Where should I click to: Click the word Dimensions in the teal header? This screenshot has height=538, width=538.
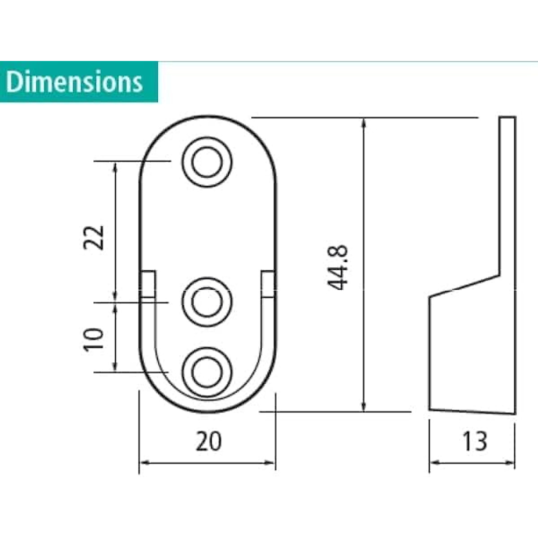pos(74,82)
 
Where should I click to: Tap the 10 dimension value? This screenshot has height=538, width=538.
pos(94,339)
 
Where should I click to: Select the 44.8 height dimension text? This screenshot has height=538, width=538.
pos(337,268)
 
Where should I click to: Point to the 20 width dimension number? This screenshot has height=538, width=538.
pos(208,441)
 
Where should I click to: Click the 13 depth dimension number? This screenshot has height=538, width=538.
pos(474,441)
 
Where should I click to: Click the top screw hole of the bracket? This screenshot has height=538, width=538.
pos(207,162)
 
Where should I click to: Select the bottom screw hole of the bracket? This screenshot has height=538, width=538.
pos(207,372)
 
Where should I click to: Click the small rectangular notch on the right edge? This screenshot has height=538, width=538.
pos(268,284)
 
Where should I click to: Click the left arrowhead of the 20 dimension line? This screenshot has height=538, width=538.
pos(143,462)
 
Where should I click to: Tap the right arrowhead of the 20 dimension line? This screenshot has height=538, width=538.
pos(271,462)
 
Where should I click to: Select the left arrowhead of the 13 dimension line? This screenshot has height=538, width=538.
pos(434,462)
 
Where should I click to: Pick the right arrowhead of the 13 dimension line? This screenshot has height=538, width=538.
pos(511,462)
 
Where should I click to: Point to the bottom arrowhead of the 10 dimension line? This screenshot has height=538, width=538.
pos(116,367)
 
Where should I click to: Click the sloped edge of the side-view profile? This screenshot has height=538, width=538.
pos(464,286)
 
